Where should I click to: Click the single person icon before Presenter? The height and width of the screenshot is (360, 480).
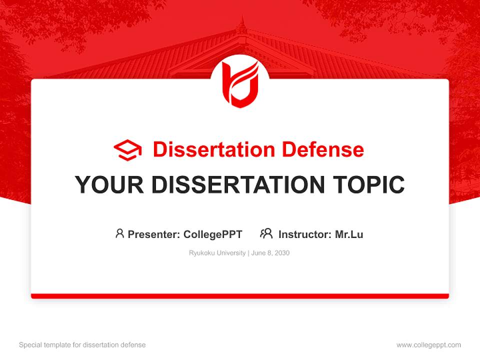119,233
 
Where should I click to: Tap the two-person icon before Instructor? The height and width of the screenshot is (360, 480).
266,233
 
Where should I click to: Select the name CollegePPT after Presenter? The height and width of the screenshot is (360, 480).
213,234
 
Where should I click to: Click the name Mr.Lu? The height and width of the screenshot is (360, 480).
349,234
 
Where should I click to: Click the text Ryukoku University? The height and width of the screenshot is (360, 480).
217,253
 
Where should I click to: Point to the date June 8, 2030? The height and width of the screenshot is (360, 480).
270,253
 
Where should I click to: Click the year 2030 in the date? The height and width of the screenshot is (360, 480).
281,253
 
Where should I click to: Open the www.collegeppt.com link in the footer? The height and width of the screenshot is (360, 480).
428,345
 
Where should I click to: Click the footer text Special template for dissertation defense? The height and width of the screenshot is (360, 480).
82,345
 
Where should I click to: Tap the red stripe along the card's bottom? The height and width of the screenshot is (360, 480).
240,296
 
